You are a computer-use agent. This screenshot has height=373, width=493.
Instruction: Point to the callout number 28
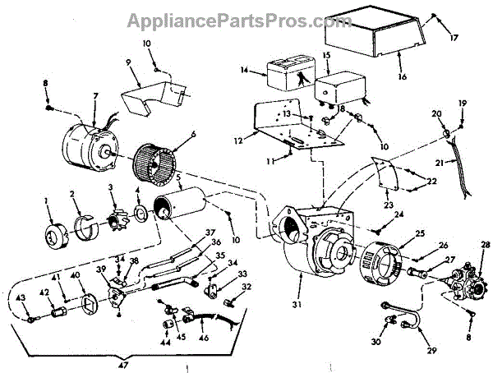(485, 245)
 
